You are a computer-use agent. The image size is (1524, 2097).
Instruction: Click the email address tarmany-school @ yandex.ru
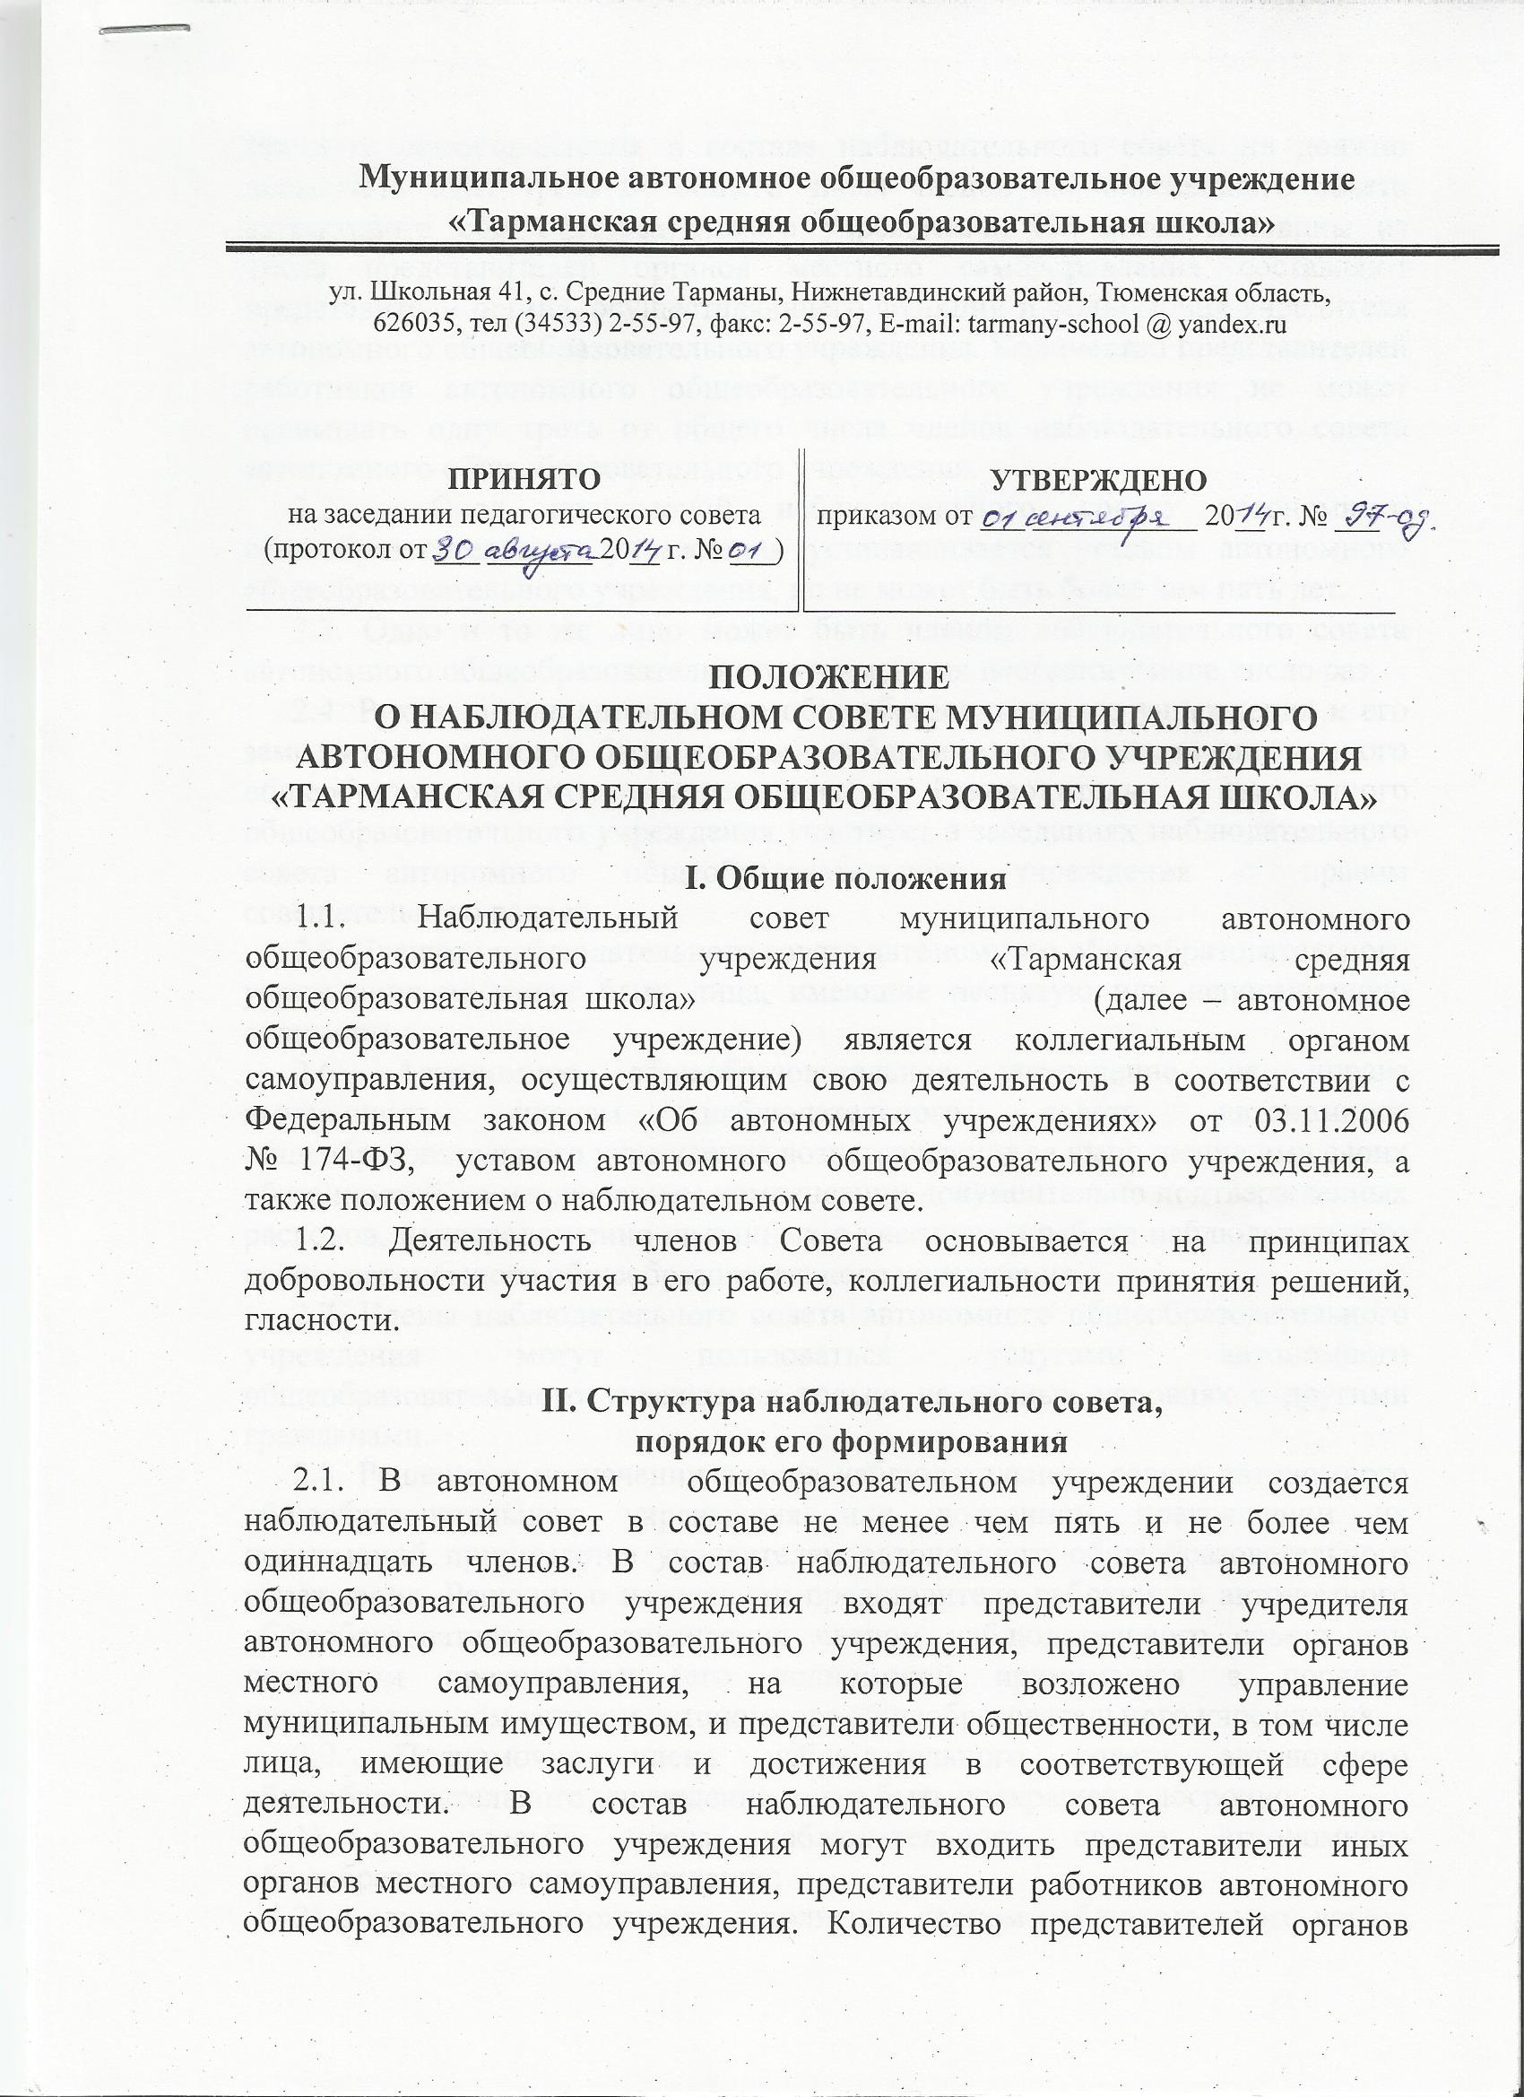tap(1159, 325)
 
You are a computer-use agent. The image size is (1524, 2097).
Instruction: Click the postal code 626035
tap(411, 325)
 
